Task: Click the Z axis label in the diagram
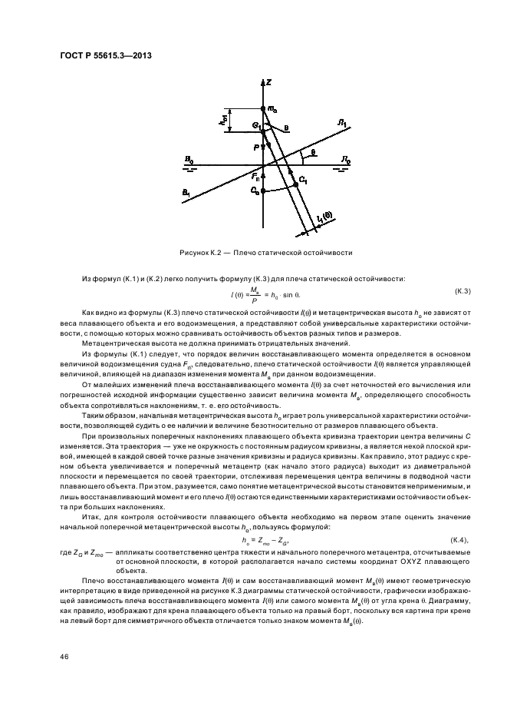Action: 268,81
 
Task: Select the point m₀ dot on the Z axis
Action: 263,109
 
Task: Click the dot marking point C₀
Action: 263,191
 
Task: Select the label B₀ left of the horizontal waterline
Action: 188,160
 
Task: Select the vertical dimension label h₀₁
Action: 221,121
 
